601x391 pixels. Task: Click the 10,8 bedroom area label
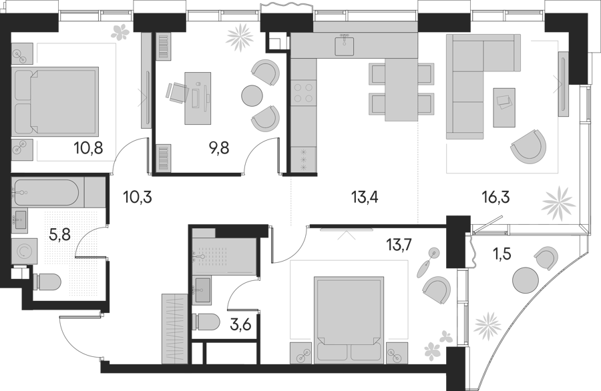[89, 148]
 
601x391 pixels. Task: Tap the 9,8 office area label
[219, 148]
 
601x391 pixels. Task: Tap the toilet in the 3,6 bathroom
[206, 324]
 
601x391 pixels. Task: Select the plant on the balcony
[487, 326]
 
